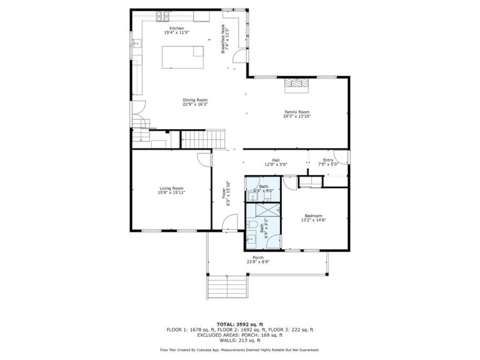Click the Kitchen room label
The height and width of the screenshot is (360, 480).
pyautogui.click(x=177, y=28)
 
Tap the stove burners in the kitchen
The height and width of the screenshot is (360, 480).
pyautogui.click(x=162, y=16)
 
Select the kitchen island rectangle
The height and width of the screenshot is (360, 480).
pyautogui.click(x=183, y=57)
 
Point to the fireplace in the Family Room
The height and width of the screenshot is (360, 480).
pyautogui.click(x=296, y=85)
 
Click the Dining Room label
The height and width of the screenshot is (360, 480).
pyautogui.click(x=195, y=100)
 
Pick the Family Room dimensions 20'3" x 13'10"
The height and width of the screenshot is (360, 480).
pyautogui.click(x=297, y=116)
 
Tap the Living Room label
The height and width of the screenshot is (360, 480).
pyautogui.click(x=171, y=188)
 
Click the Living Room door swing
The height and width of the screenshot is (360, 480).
pyautogui.click(x=204, y=160)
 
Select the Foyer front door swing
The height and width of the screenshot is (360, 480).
pyautogui.click(x=229, y=222)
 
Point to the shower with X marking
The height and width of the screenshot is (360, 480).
pyautogui.click(x=268, y=210)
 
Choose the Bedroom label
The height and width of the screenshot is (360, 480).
pyautogui.click(x=313, y=216)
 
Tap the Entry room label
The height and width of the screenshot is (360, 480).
pyautogui.click(x=328, y=160)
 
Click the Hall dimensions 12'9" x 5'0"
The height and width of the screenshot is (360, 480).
pyautogui.click(x=276, y=164)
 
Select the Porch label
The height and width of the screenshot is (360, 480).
pyautogui.click(x=258, y=258)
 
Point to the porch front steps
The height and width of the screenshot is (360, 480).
pyautogui.click(x=228, y=287)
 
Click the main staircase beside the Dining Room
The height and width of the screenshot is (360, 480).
pyautogui.click(x=203, y=139)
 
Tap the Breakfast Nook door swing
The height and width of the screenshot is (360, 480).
pyautogui.click(x=240, y=56)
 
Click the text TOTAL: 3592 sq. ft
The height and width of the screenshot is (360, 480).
pyautogui.click(x=240, y=324)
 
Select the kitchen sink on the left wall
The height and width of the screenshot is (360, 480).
pyautogui.click(x=137, y=44)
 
